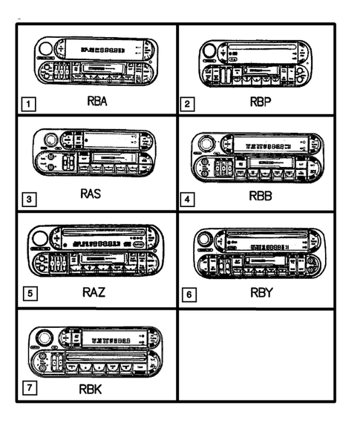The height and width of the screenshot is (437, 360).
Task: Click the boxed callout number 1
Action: [27, 105]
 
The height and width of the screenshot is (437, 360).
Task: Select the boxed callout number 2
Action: [189, 104]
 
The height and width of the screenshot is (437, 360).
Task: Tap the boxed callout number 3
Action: [27, 198]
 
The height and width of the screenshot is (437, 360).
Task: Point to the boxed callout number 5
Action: [27, 294]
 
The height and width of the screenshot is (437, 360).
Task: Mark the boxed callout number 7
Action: [27, 389]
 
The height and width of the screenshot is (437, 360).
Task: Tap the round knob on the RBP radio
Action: [210, 53]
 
